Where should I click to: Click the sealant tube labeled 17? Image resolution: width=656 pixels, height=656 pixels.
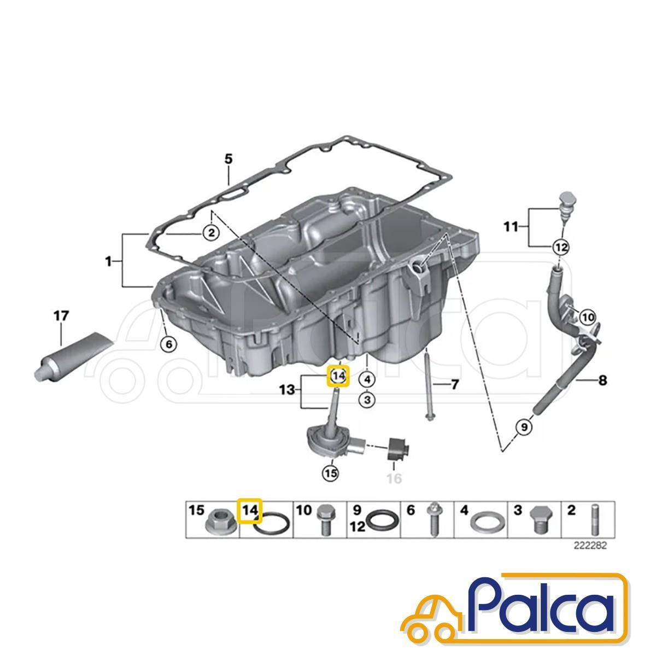coord(74,355)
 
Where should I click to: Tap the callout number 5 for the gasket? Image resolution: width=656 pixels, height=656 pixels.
coord(229,159)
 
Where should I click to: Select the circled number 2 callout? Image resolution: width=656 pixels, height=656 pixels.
coord(212,233)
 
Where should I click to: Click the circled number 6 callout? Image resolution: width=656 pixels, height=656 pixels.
coord(169,345)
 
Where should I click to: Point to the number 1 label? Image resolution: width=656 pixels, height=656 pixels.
coord(109,262)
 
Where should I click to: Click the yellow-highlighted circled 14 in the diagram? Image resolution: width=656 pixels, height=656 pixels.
coord(338,376)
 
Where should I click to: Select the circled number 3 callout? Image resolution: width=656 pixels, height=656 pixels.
coord(367,400)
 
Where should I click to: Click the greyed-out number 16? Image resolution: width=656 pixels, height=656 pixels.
coord(394,478)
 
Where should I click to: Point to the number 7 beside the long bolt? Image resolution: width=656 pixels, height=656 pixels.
coord(455,385)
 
